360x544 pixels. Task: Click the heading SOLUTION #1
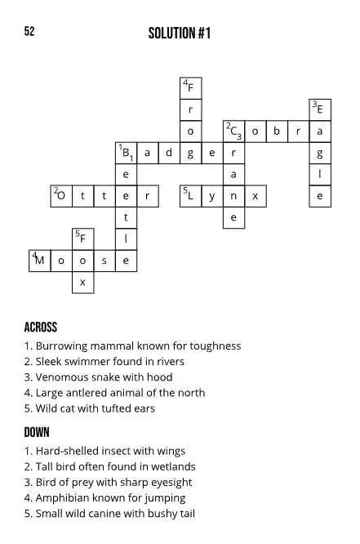[180, 33]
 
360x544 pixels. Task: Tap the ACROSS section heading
[41, 328]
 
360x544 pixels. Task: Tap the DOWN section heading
[37, 432]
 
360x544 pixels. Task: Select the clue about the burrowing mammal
[132, 346]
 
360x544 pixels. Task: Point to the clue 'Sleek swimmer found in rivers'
[104, 361]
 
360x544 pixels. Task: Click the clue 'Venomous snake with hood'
[98, 377]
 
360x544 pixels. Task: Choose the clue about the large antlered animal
[114, 393]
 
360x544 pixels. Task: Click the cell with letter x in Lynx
[256, 196]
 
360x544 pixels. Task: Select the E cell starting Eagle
[319, 109]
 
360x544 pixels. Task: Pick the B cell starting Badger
[126, 153]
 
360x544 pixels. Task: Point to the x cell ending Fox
[82, 282]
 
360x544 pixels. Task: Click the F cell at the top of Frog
[190, 88]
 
